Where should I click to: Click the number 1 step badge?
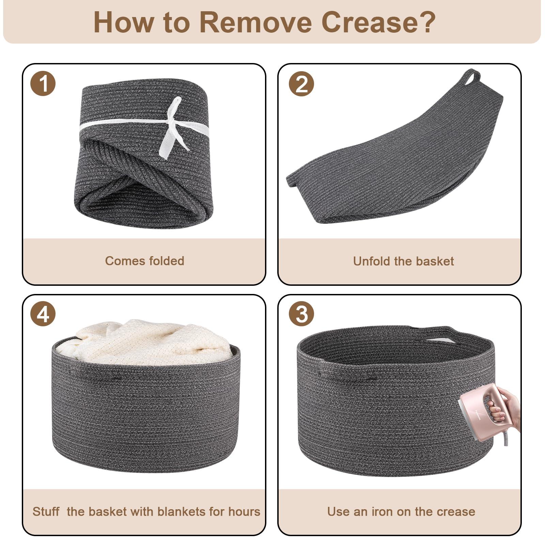(x=43, y=83)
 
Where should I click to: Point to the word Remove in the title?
(x=255, y=22)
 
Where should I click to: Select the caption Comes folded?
(x=144, y=261)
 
